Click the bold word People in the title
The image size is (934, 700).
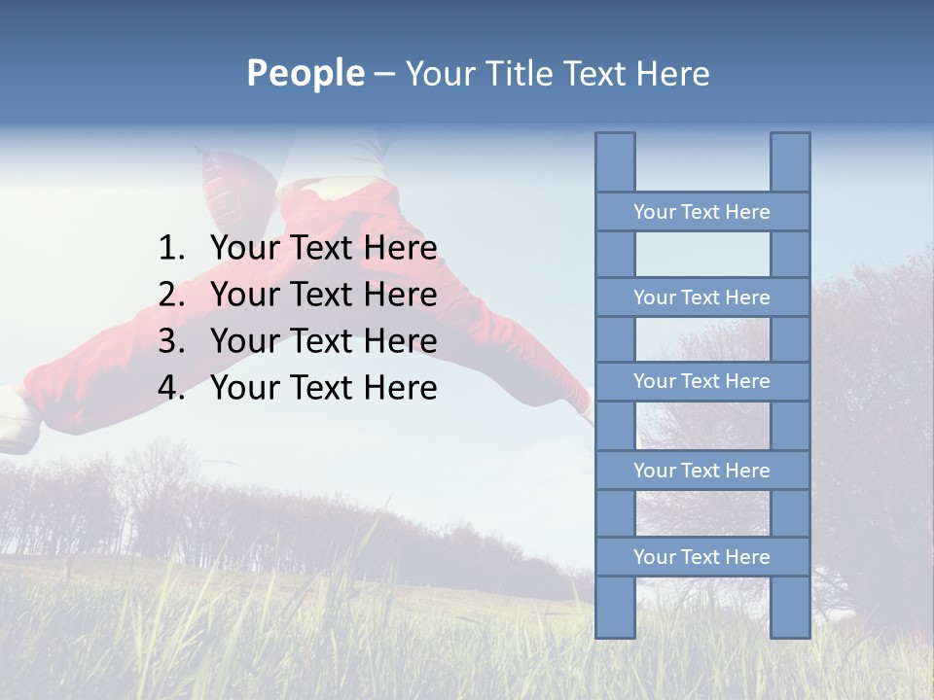pos(305,74)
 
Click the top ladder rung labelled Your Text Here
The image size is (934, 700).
pos(701,212)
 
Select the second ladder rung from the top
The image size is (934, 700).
pos(701,297)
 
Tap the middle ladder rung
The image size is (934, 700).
pos(701,381)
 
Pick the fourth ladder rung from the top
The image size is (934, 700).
pos(701,471)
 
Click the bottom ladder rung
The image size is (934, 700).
pos(701,557)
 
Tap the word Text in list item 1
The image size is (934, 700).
pos(321,249)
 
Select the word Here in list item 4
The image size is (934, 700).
pos(400,388)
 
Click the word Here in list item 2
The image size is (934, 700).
pos(400,295)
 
